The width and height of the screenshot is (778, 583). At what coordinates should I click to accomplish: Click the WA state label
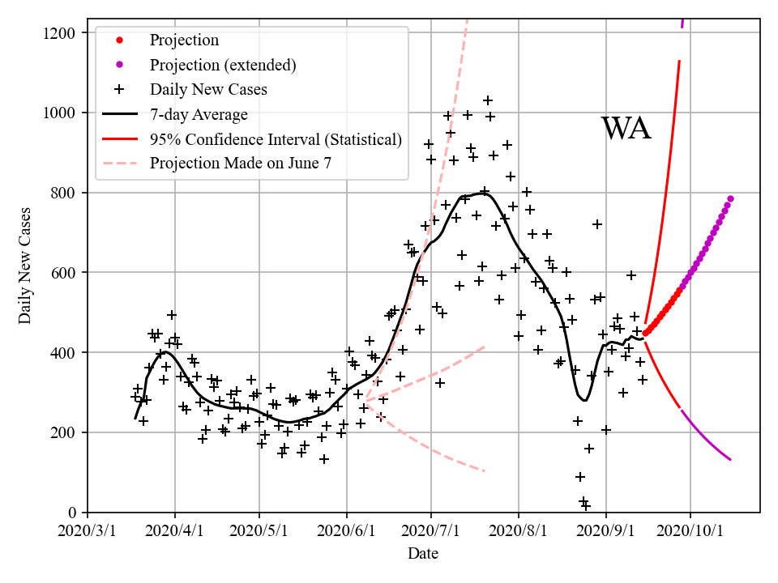click(x=626, y=129)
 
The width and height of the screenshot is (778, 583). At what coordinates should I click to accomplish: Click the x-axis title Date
click(x=423, y=554)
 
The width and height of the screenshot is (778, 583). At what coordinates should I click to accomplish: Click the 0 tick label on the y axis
click(x=73, y=513)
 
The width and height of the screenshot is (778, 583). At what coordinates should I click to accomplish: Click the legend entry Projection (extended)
click(x=223, y=65)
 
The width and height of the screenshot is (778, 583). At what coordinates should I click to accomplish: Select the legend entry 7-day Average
click(x=199, y=114)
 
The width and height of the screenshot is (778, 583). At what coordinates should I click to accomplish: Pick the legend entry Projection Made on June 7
click(x=241, y=163)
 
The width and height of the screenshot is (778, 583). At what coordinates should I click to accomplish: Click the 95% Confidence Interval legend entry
click(x=276, y=138)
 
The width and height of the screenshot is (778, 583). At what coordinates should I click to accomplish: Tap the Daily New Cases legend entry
click(x=208, y=89)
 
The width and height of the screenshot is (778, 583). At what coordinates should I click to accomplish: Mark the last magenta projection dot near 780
click(x=730, y=198)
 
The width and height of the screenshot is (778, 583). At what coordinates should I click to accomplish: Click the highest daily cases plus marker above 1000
click(x=488, y=100)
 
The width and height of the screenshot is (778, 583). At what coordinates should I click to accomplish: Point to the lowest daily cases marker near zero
click(x=586, y=506)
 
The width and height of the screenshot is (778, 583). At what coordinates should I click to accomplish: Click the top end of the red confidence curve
click(x=679, y=62)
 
